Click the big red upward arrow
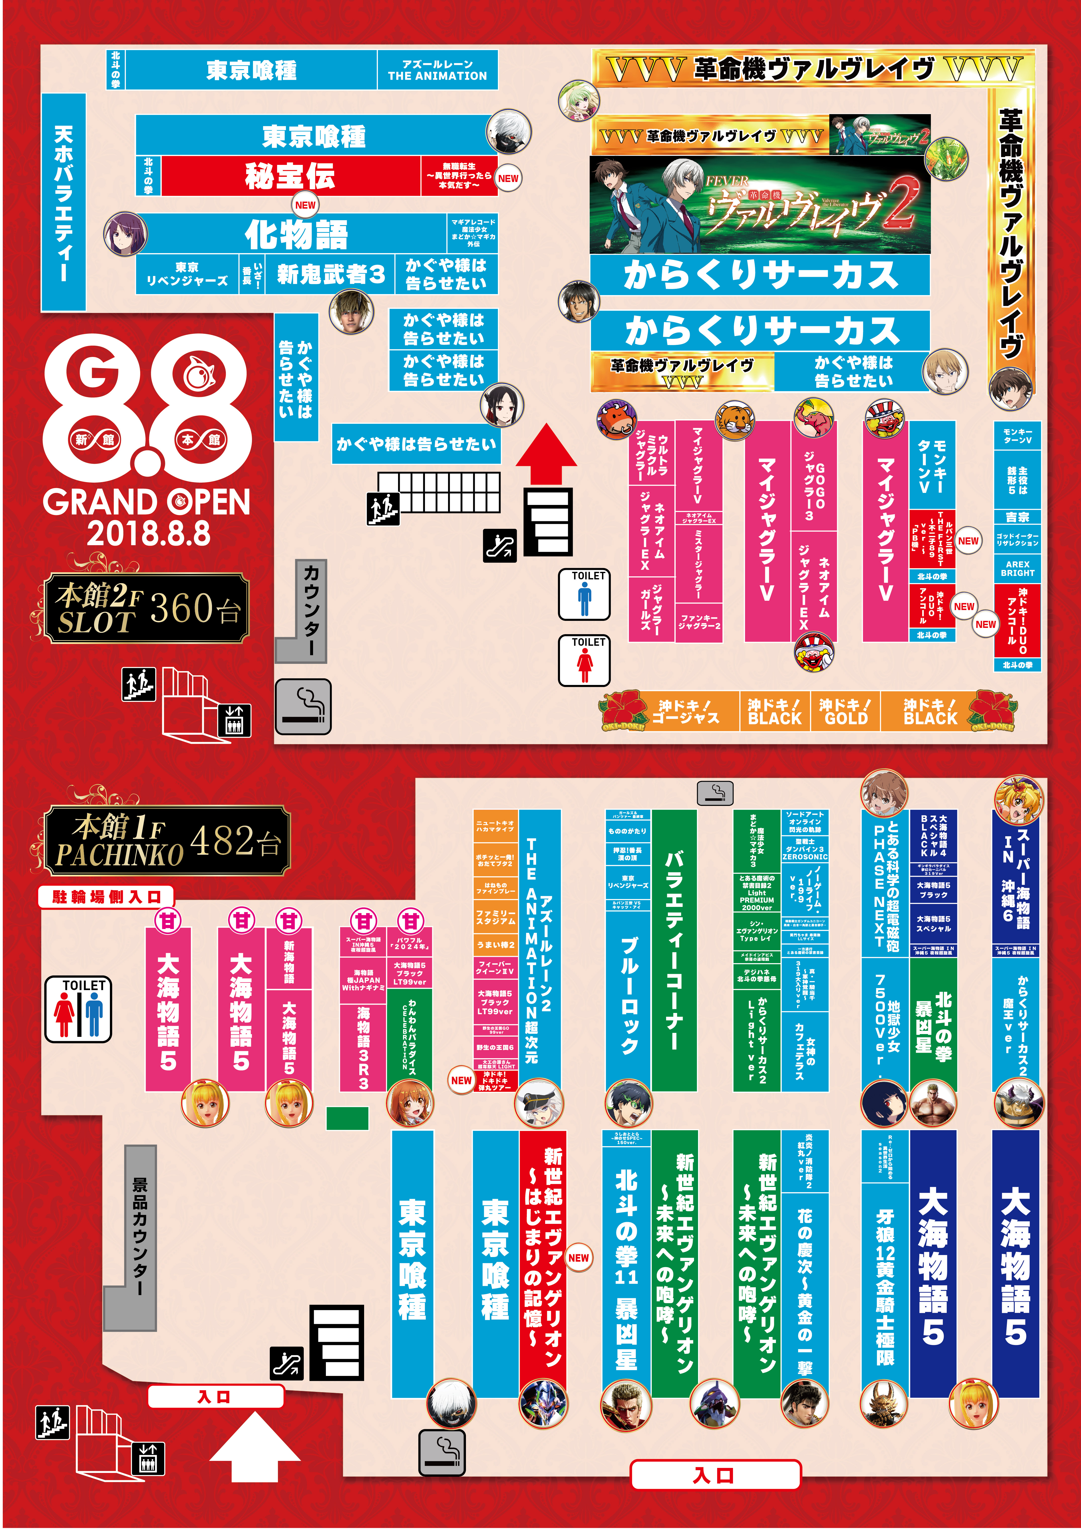tap(546, 453)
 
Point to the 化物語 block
tap(296, 234)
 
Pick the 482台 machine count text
tap(235, 841)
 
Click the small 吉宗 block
tap(1017, 517)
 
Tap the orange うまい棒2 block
tap(496, 944)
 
